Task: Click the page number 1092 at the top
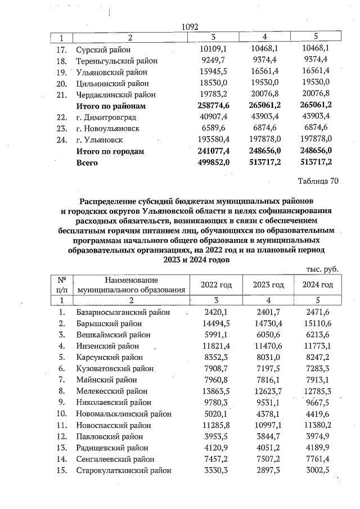pos(191,26)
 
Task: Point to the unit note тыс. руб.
pos(322,269)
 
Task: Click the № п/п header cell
pos(62,284)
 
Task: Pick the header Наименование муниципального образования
pos(132,284)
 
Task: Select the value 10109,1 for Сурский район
pos(213,49)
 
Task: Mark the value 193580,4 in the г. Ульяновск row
pos(211,139)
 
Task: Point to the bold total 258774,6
pos(211,106)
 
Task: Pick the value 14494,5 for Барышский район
pos(213,323)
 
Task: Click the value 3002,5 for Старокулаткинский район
pos(318,471)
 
